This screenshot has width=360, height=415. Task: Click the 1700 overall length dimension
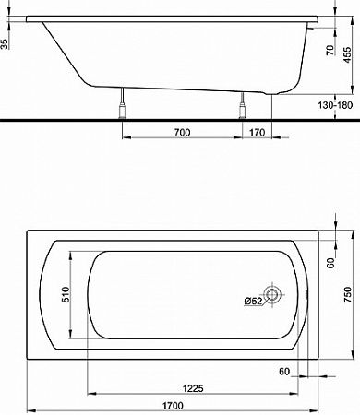pyautogui.click(x=173, y=406)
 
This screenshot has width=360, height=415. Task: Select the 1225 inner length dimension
pyautogui.click(x=193, y=388)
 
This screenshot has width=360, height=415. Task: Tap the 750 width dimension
pyautogui.click(x=347, y=294)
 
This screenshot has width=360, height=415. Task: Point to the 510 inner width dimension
pyautogui.click(x=66, y=294)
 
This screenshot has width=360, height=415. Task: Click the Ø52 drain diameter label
pyautogui.click(x=253, y=301)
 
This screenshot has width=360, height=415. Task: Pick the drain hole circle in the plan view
pyautogui.click(x=272, y=294)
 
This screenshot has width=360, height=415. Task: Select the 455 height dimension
pyautogui.click(x=347, y=54)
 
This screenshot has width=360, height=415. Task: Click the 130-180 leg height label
pyautogui.click(x=335, y=105)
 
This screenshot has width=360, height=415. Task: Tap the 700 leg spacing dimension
pyautogui.click(x=182, y=133)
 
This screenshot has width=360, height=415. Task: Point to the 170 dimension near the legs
pyautogui.click(x=257, y=133)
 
